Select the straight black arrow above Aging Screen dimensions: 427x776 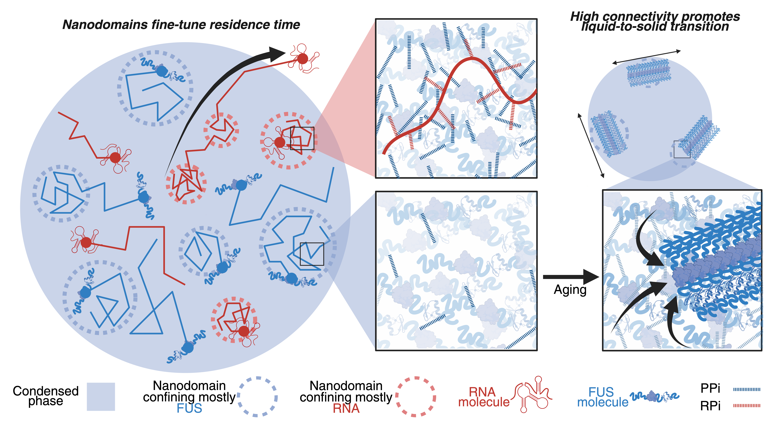[569, 277]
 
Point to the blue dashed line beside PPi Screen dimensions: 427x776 [747, 389]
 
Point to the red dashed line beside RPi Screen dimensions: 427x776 [747, 406]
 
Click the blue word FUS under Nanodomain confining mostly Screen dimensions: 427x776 [189, 408]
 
